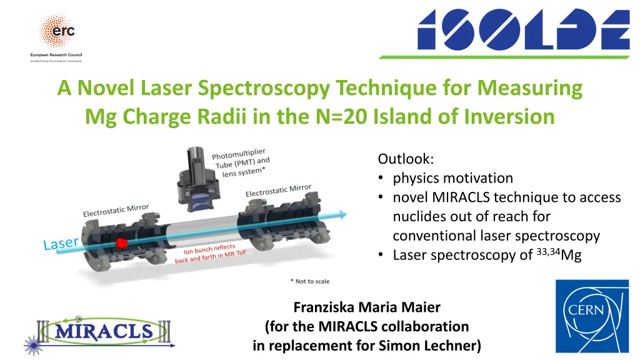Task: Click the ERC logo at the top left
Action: [57, 34]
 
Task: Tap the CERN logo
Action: [592, 316]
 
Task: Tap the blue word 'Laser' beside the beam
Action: [61, 242]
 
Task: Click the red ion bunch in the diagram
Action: [122, 241]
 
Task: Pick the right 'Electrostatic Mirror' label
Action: [278, 190]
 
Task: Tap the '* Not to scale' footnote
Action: [309, 282]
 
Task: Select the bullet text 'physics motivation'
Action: [452, 178]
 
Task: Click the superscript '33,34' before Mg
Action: [549, 251]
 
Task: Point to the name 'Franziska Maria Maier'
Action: [367, 307]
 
